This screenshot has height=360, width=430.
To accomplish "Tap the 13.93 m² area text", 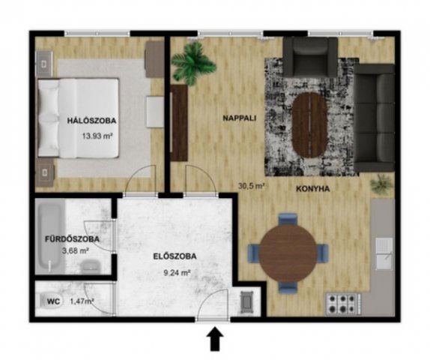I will coord(97,136).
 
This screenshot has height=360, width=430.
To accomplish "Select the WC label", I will coord(54,301).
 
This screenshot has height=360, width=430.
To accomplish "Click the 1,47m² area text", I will coord(81,301).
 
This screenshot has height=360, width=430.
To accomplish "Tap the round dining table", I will coord(288,253).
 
